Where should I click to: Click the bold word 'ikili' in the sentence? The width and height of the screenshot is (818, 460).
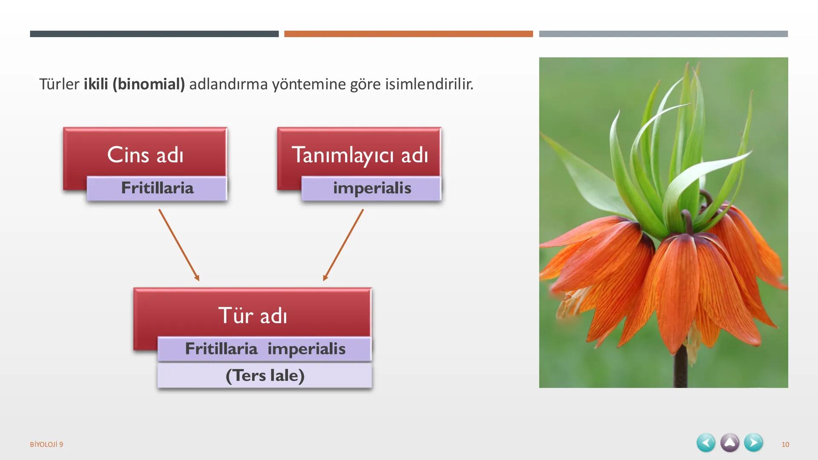click(x=95, y=84)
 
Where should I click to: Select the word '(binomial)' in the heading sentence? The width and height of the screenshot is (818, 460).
click(x=148, y=84)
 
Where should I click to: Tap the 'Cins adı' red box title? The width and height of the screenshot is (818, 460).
click(x=145, y=155)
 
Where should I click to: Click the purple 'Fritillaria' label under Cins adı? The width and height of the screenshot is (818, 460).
click(x=157, y=188)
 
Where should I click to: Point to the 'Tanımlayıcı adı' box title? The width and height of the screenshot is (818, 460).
click(x=359, y=155)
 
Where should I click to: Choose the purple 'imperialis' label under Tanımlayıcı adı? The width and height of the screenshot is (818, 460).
click(x=372, y=188)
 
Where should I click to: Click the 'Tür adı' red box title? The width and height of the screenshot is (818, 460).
click(x=252, y=316)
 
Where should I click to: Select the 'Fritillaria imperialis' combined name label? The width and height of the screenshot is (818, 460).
click(x=265, y=349)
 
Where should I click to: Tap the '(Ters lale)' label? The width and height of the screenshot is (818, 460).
click(x=265, y=376)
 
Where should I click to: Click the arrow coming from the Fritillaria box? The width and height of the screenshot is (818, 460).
click(x=179, y=245)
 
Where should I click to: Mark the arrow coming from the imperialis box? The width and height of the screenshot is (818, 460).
click(x=343, y=245)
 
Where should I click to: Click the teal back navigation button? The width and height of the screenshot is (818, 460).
click(x=706, y=443)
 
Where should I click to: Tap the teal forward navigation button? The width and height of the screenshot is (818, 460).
click(x=753, y=443)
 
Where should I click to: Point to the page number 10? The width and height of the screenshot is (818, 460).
click(x=785, y=444)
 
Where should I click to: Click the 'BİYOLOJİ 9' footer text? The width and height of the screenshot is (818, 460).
click(x=46, y=444)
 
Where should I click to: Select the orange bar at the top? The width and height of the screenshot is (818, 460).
click(x=408, y=34)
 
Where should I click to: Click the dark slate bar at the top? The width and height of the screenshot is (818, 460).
click(x=154, y=34)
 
